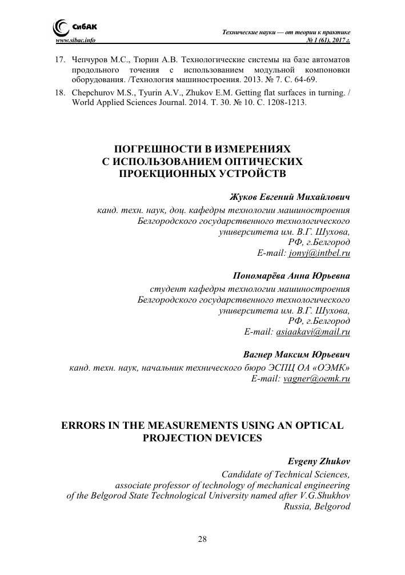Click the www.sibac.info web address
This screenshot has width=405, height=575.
point(74,41)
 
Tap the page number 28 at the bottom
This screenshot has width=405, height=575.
point(202,539)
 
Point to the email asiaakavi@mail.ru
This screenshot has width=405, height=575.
point(313,331)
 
